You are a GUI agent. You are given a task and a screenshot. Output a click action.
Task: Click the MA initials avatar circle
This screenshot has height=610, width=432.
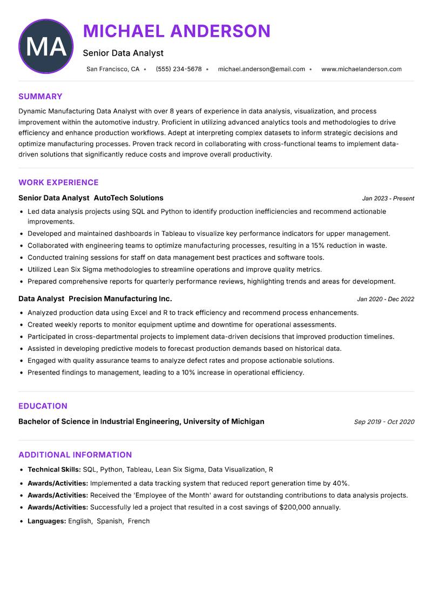pyautogui.click(x=46, y=46)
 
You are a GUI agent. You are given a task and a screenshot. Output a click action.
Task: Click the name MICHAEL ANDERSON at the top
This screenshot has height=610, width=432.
pyautogui.click(x=177, y=31)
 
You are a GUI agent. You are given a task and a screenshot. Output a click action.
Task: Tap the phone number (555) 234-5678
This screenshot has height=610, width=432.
pyautogui.click(x=179, y=69)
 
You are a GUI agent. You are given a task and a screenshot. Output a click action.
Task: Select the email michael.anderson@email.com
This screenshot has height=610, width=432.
pyautogui.click(x=261, y=69)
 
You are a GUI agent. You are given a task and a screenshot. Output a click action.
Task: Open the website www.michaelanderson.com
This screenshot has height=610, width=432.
pyautogui.click(x=361, y=69)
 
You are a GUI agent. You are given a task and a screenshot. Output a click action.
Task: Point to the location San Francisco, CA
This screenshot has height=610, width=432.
pyautogui.click(x=113, y=69)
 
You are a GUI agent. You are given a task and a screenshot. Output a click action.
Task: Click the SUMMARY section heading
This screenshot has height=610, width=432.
pyautogui.click(x=40, y=97)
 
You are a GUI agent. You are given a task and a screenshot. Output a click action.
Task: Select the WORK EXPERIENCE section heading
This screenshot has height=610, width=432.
pyautogui.click(x=58, y=182)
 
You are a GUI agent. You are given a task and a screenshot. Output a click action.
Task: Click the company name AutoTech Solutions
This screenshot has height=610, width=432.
pyautogui.click(x=129, y=198)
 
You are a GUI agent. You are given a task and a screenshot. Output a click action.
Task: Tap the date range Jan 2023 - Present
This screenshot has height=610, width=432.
pyautogui.click(x=388, y=199)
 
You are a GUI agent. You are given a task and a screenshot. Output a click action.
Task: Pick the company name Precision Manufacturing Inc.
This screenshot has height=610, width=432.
pyautogui.click(x=120, y=299)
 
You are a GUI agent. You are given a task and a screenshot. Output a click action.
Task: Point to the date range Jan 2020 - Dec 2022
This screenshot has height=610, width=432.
pyautogui.click(x=385, y=299)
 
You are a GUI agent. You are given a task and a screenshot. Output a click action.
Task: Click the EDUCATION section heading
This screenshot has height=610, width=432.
pyautogui.click(x=43, y=406)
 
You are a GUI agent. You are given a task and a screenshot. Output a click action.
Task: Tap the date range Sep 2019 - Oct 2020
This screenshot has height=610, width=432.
pyautogui.click(x=384, y=422)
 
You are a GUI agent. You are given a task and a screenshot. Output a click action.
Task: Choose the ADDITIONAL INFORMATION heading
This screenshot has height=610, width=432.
pyautogui.click(x=75, y=455)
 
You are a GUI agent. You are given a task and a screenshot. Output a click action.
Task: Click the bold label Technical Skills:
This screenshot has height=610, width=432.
pyautogui.click(x=54, y=470)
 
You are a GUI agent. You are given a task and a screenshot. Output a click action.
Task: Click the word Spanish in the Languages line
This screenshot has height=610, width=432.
pyautogui.click(x=109, y=521)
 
